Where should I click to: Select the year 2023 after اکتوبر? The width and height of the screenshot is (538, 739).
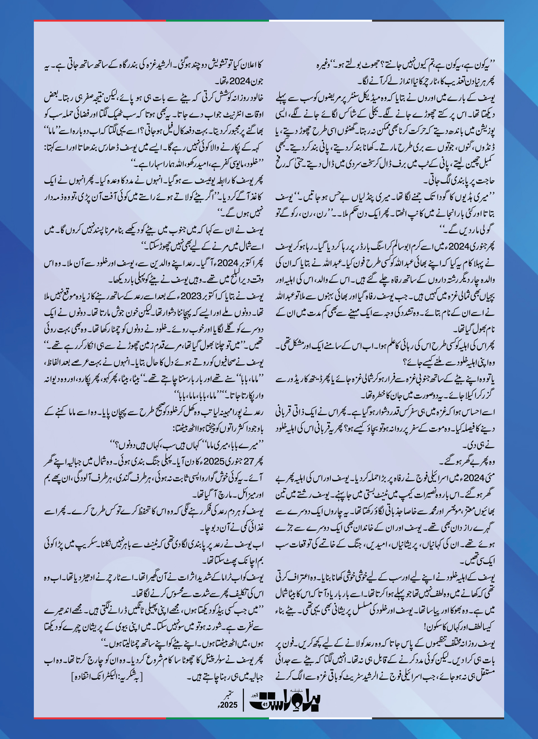pos(193,296)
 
